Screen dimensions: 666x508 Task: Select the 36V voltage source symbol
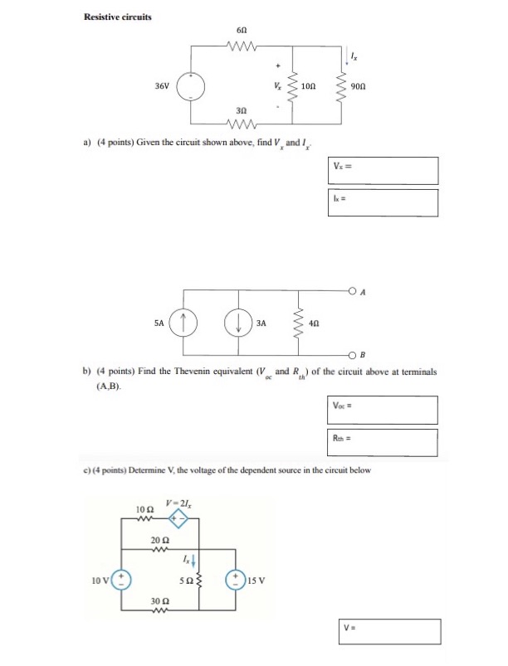pos(194,85)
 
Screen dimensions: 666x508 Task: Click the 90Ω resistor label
pos(359,85)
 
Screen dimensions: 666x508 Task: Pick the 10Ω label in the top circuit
pos(308,85)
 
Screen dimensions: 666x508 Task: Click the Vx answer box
pos(383,171)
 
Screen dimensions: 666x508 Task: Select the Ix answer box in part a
pos(383,200)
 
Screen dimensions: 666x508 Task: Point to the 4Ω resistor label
pos(315,320)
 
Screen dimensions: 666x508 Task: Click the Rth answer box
pos(383,441)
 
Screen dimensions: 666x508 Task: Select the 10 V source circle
pos(122,578)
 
